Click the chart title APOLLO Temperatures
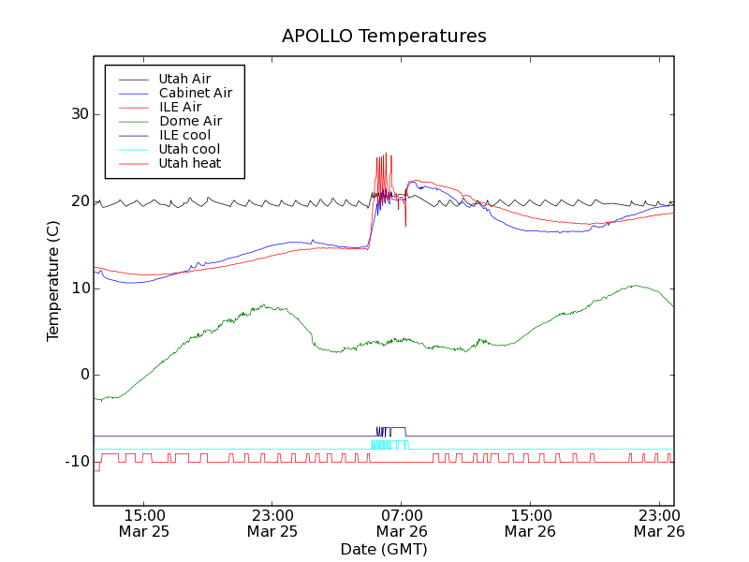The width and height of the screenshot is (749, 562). pos(384,37)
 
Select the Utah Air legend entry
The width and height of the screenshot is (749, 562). pos(184,79)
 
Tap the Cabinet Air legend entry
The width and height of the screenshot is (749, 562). pos(195,93)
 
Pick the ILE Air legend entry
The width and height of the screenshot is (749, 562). pos(180,107)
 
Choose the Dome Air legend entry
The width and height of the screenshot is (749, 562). pos(190,121)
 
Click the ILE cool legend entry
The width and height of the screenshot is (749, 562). pos(184,135)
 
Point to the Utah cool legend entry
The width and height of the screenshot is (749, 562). pos(189,149)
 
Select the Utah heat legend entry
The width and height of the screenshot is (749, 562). pos(190,163)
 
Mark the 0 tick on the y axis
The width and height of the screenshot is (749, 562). pos(82,375)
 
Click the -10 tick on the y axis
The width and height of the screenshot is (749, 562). pos(75,462)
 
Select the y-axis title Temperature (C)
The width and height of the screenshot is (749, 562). pos(53,281)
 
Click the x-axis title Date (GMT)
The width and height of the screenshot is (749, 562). pos(384,549)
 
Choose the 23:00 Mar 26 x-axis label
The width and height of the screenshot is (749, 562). pos(660,523)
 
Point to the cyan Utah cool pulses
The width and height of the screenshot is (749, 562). pos(389,445)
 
